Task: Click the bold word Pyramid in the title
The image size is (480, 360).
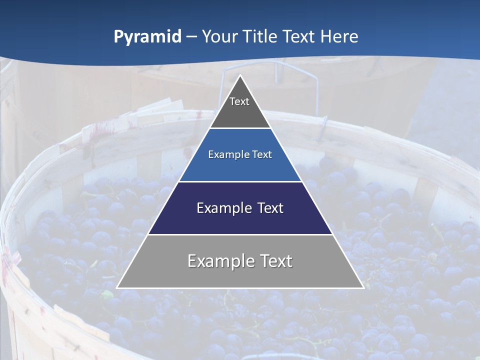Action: [x=147, y=37]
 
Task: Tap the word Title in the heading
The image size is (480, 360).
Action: [x=260, y=37]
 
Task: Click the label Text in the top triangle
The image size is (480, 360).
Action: [x=239, y=101]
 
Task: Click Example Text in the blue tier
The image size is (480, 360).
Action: [x=240, y=154]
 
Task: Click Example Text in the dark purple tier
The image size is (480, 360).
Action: [x=240, y=208]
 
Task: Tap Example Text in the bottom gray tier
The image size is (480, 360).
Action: [x=240, y=261]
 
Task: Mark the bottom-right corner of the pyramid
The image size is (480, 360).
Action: [x=363, y=287]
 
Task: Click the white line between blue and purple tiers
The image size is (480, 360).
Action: [x=240, y=181]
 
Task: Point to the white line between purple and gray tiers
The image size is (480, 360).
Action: [x=240, y=234]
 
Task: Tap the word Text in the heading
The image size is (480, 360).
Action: [x=299, y=37]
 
